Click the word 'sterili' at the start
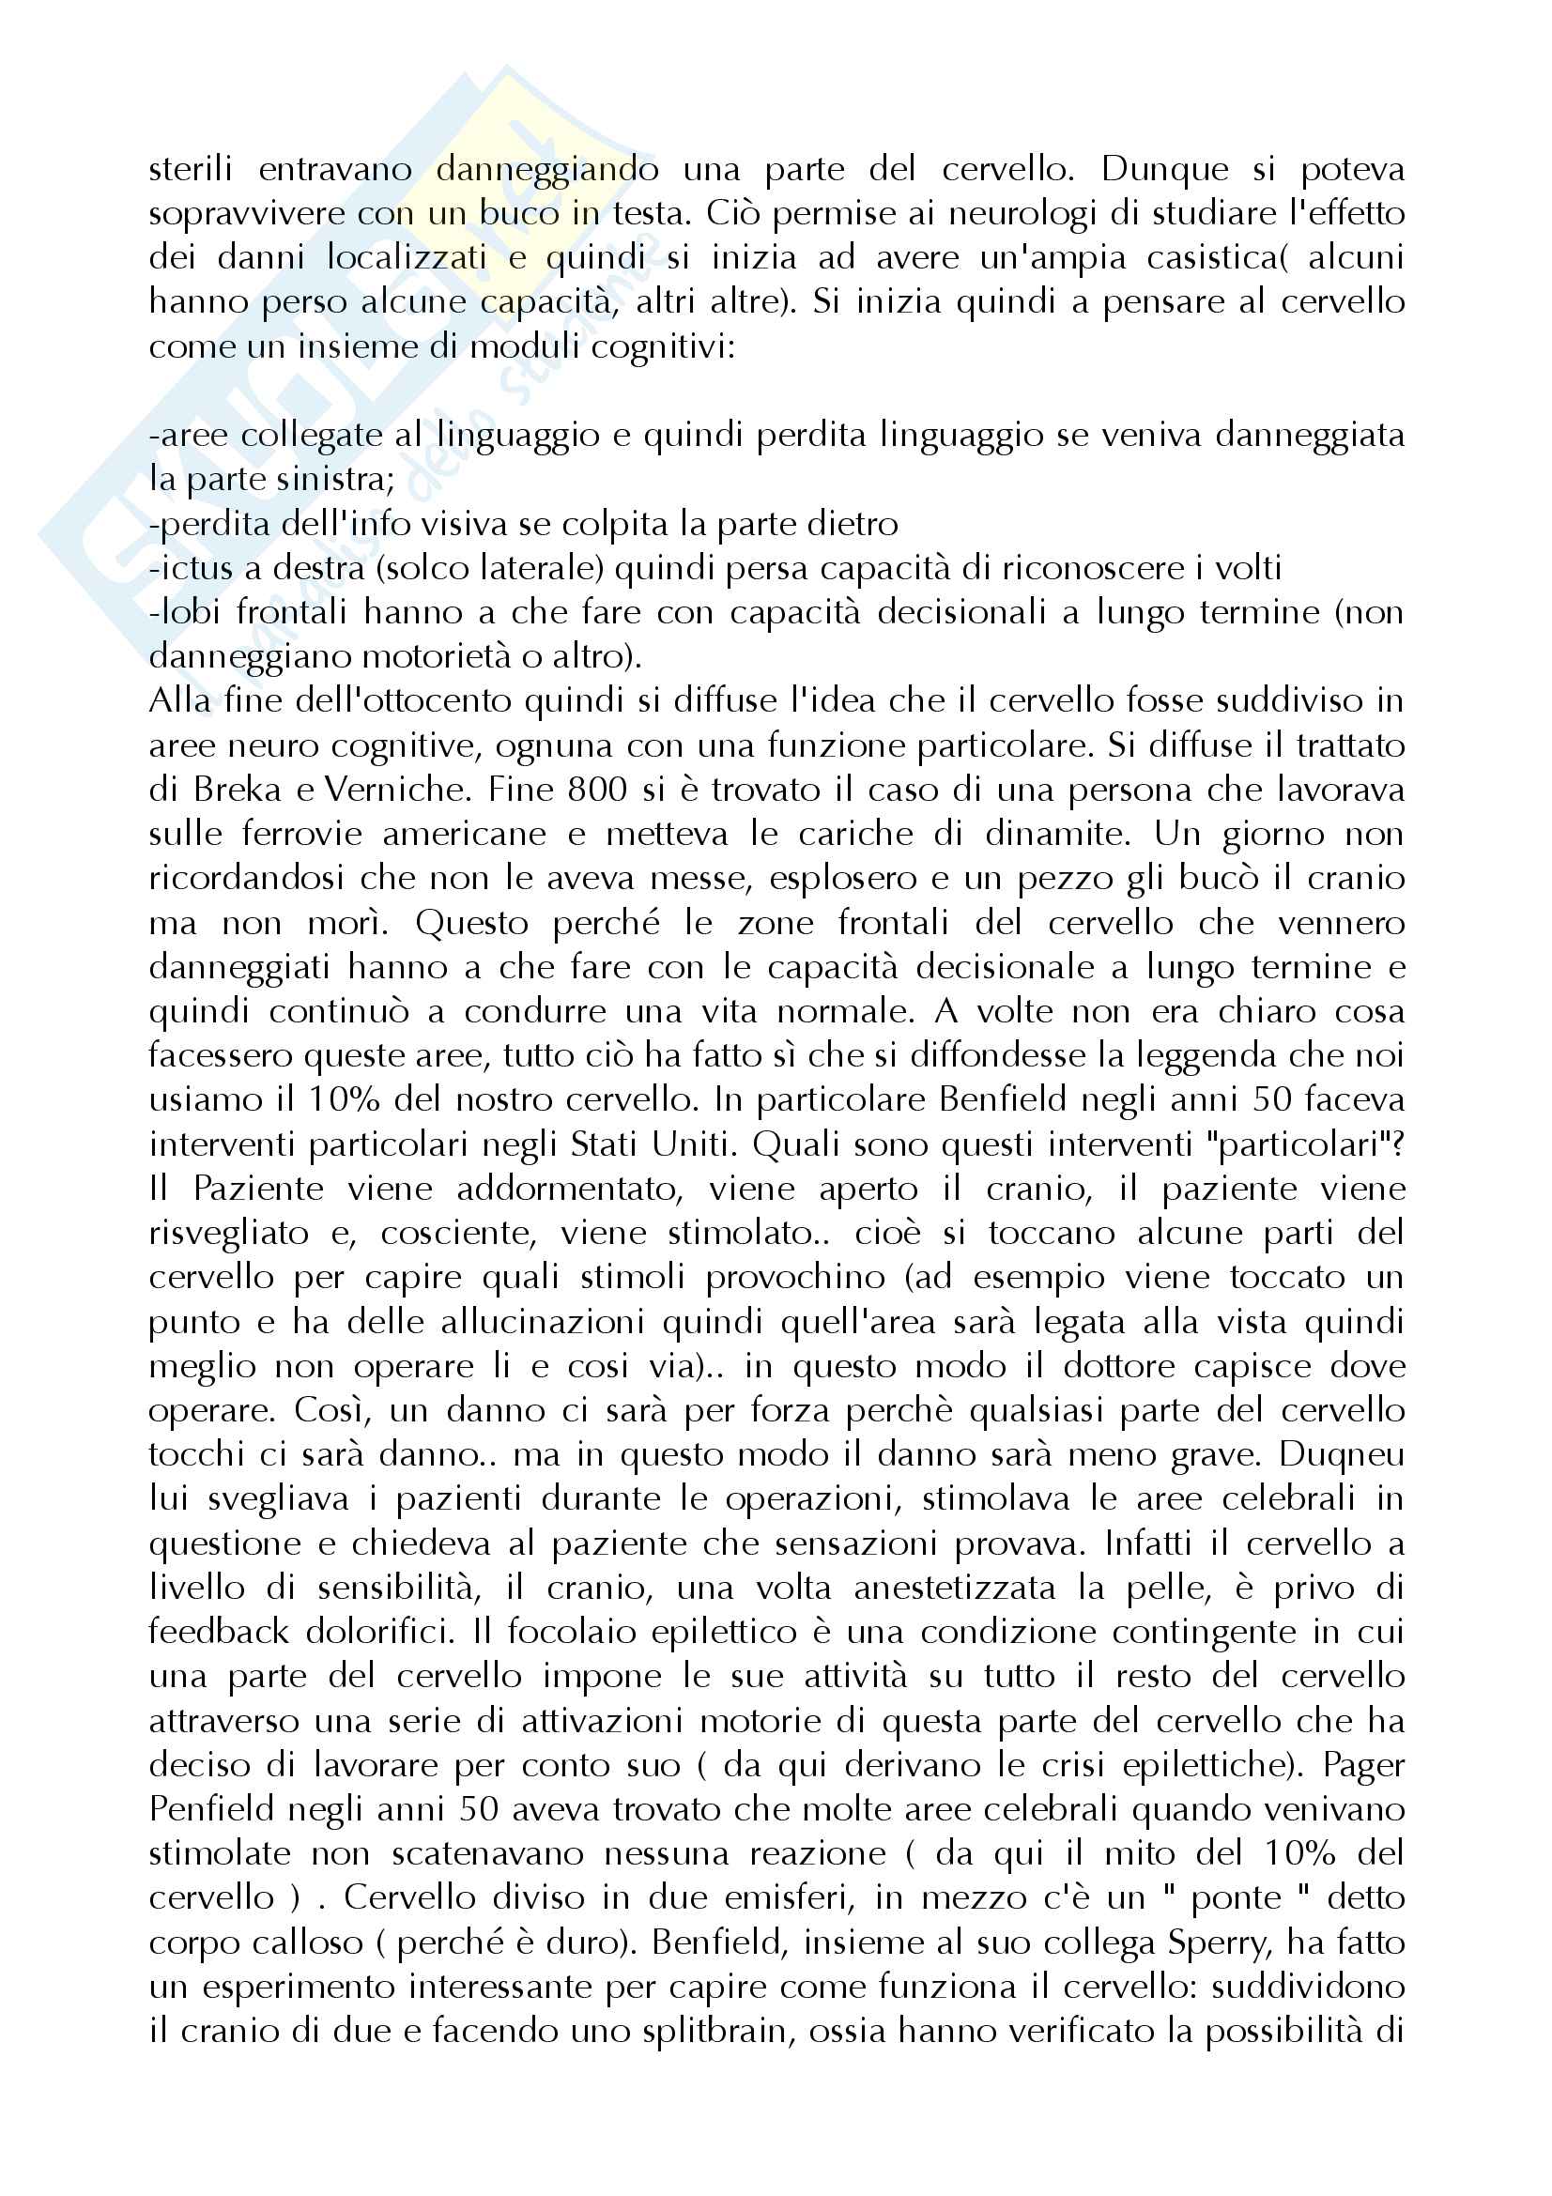191,169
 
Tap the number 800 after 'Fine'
598,790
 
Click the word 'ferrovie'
302,834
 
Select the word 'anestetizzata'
954,1588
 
